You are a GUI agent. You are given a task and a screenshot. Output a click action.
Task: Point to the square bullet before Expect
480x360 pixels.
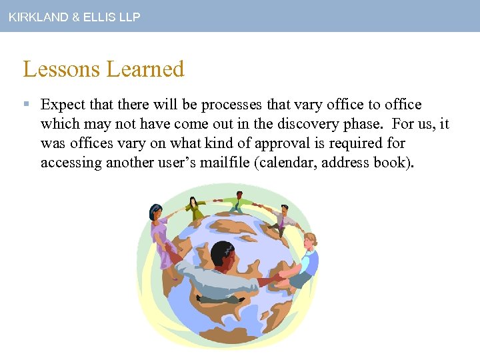click(25, 105)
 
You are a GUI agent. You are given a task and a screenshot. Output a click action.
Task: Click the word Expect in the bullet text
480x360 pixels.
click(63, 105)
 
